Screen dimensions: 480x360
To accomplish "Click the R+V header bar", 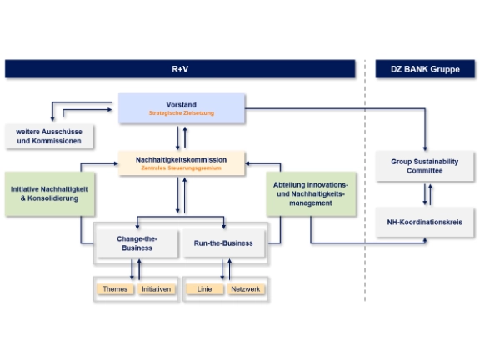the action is pos(180,69).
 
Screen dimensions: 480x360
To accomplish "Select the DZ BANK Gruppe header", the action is pos(425,69).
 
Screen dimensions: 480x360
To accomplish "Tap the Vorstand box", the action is pos(182,108).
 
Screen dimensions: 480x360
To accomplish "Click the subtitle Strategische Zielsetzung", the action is pos(182,113).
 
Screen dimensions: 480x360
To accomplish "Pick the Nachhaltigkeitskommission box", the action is pos(182,163).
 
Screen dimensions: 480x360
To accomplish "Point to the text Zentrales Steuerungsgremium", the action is pos(181,167).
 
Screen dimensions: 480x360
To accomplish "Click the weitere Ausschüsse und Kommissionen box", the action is pos(49,136).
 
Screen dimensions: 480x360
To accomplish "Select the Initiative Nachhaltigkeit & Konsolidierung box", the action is pos(50,194).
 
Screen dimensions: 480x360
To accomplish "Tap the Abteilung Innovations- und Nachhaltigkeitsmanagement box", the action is pos(311,194).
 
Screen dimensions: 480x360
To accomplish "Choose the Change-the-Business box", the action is pos(137,243).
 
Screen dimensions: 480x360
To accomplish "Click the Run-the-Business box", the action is pos(223,243).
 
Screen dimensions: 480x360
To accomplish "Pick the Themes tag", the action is pos(115,289).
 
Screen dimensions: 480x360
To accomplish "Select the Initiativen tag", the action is pos(157,289).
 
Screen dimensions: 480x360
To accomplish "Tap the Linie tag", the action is pos(204,289).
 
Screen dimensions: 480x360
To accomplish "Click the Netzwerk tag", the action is pos(246,289).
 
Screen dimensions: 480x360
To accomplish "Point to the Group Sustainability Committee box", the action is pos(425,166).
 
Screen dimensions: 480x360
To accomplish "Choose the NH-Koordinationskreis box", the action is pos(425,222).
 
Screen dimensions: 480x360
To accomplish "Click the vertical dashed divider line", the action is pos(365,181).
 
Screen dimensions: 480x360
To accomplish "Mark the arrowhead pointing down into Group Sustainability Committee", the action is pos(425,148).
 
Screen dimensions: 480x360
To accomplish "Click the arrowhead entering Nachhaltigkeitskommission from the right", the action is pos(247,163).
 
